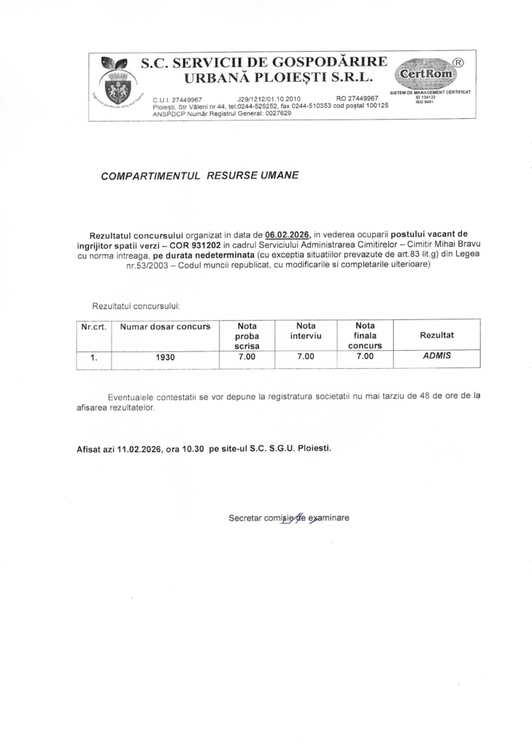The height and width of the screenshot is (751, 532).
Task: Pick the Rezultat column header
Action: [436, 335]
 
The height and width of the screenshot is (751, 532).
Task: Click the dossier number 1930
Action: [166, 357]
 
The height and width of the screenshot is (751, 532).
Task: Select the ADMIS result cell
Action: [437, 357]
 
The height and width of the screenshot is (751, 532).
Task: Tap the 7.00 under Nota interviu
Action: [306, 357]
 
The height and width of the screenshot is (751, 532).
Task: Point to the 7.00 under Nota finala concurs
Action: [364, 357]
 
